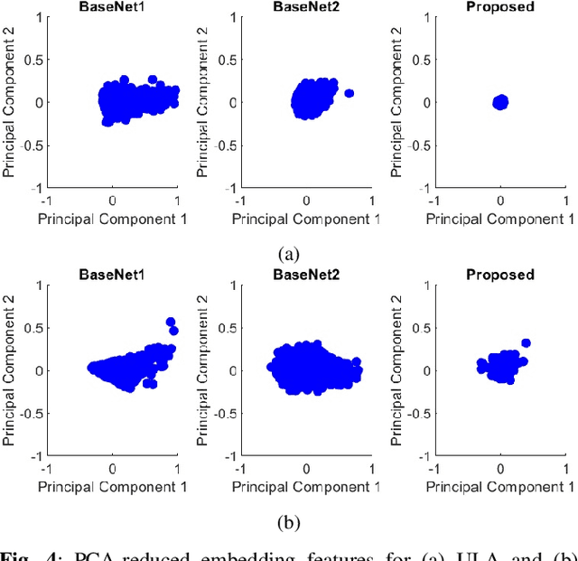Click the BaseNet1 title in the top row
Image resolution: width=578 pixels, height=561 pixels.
point(112,7)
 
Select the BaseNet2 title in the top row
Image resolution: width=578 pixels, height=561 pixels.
point(306,7)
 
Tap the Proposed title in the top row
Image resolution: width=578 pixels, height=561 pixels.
point(500,7)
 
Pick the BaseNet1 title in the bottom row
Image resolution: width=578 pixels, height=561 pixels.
point(112,275)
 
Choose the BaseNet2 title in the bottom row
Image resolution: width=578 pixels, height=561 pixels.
point(306,275)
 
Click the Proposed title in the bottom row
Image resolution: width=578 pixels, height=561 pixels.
point(500,275)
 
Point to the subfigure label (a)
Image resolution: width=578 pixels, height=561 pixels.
point(290,254)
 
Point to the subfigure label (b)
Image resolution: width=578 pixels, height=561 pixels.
point(290,522)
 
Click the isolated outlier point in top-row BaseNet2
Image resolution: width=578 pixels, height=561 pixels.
point(349,93)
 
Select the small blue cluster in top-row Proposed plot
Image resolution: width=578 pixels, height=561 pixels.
point(500,102)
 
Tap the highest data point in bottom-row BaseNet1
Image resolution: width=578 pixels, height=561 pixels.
point(170,322)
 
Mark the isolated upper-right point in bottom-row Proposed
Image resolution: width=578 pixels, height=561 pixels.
point(526,343)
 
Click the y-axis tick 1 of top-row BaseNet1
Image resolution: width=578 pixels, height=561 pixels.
point(39,17)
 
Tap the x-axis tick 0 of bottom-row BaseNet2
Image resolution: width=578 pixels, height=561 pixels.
point(306,469)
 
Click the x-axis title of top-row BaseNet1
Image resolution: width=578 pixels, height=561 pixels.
point(112,219)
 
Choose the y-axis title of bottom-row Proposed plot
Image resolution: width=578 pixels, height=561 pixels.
point(398,369)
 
